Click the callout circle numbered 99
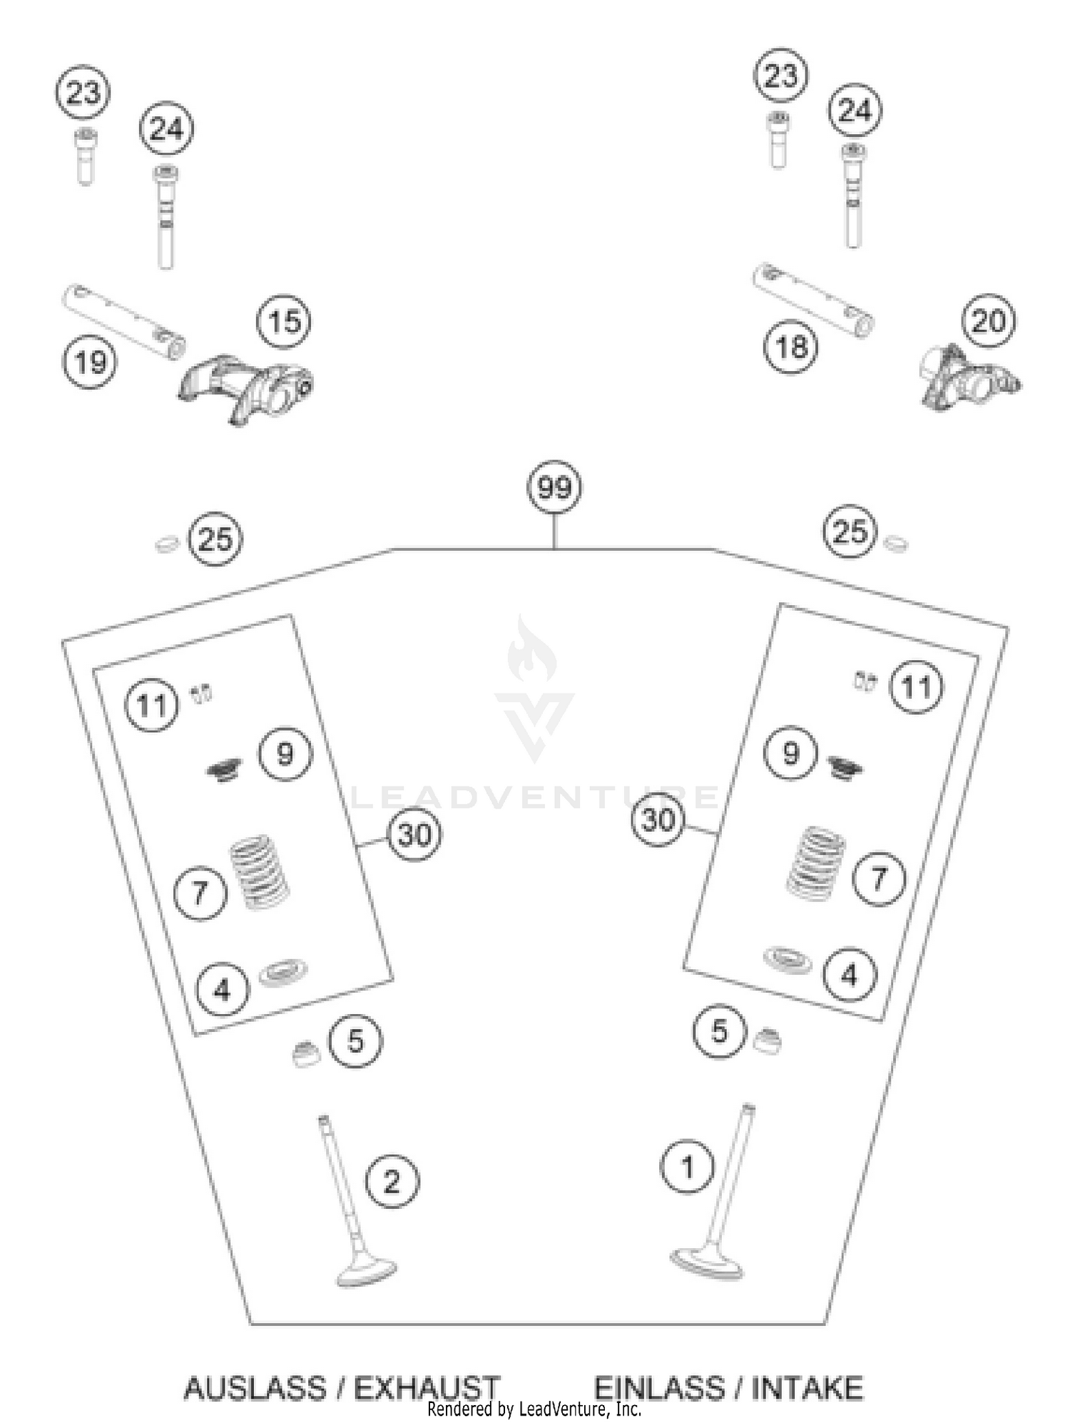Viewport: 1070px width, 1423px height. (554, 487)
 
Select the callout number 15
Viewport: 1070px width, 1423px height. (284, 321)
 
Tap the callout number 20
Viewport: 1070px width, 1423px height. (988, 321)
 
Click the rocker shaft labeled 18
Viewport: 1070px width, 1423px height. (814, 300)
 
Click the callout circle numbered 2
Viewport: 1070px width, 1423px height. (392, 1182)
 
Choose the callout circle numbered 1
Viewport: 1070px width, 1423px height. (687, 1168)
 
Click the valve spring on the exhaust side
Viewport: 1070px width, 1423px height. (258, 872)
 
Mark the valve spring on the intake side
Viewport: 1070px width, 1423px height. (815, 864)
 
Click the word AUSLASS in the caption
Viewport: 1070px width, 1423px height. (254, 1388)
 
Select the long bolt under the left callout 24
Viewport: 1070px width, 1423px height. (165, 217)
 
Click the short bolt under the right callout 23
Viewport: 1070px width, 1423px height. (778, 141)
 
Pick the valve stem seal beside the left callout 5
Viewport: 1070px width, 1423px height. (307, 1054)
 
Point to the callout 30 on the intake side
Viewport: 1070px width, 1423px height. (658, 820)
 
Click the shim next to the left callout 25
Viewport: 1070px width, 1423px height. (168, 545)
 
